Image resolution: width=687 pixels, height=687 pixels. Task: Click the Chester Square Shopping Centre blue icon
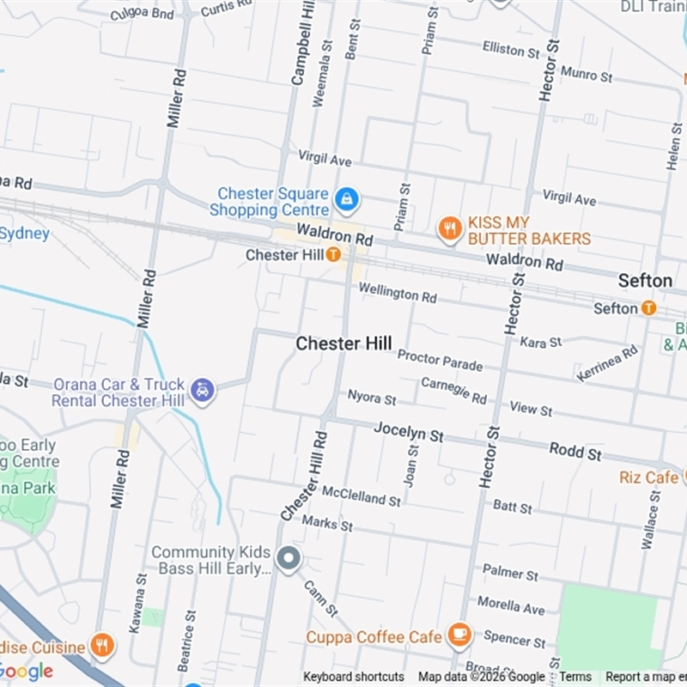(x=346, y=200)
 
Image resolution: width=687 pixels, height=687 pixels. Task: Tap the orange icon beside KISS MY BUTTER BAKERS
(x=449, y=229)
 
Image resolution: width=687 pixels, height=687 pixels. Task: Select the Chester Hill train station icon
(x=333, y=255)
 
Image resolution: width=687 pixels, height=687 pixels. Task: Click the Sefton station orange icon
(x=648, y=307)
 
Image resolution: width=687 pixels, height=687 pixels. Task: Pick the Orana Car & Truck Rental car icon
(x=203, y=391)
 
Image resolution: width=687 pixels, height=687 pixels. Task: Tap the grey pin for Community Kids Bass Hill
(x=289, y=559)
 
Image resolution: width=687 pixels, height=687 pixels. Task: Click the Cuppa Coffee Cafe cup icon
(x=459, y=635)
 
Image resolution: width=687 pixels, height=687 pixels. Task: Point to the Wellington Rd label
(x=398, y=293)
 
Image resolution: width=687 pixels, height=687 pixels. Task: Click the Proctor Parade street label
(x=440, y=360)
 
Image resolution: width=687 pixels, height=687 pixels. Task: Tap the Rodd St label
(x=575, y=451)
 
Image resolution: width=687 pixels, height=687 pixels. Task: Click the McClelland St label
(x=361, y=495)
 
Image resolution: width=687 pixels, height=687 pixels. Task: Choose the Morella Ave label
(x=511, y=605)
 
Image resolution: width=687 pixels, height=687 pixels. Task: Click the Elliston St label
(x=510, y=49)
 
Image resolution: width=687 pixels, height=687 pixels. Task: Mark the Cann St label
(x=319, y=598)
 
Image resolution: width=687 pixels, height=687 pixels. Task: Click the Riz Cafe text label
(x=648, y=477)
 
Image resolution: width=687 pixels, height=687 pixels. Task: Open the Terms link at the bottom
(x=575, y=677)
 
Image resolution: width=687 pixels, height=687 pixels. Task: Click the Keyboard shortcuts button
(x=353, y=677)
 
